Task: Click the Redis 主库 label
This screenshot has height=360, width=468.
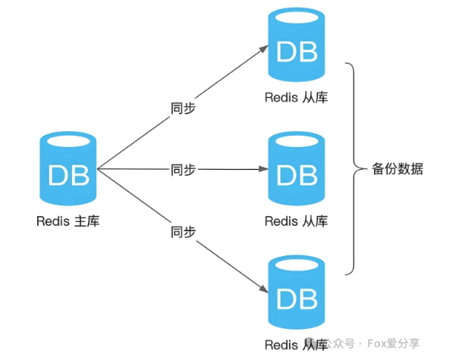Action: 68,221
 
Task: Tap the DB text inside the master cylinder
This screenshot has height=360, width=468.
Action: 68,175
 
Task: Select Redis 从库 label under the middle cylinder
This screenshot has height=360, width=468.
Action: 297,221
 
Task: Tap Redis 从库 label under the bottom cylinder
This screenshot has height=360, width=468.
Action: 297,346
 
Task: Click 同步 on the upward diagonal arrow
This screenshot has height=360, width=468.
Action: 183,108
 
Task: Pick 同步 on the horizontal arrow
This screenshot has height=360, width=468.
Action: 183,170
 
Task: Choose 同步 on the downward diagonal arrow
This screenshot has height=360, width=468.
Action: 183,230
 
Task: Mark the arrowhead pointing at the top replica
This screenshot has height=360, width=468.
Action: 264,47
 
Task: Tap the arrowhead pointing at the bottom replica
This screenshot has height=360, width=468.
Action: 264,291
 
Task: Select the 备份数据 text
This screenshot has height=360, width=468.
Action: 397,169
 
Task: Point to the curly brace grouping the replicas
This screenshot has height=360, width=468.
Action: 353,169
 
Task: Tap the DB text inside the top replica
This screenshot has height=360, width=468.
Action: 297,52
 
